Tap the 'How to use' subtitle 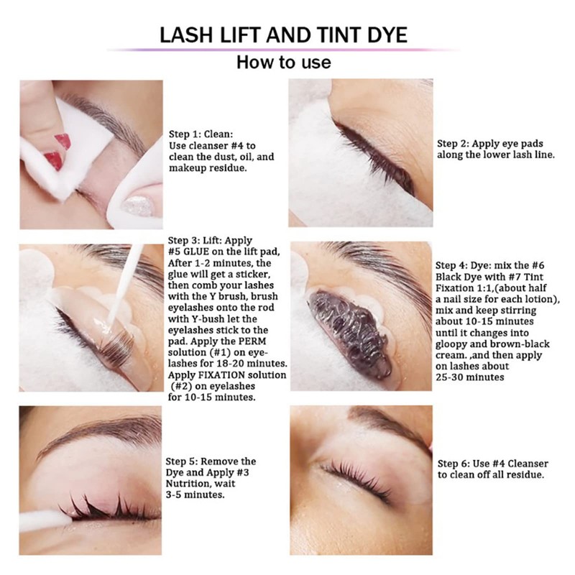[x=284, y=63]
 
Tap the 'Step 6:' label [x=456, y=464]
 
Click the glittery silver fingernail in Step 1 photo [x=139, y=206]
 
